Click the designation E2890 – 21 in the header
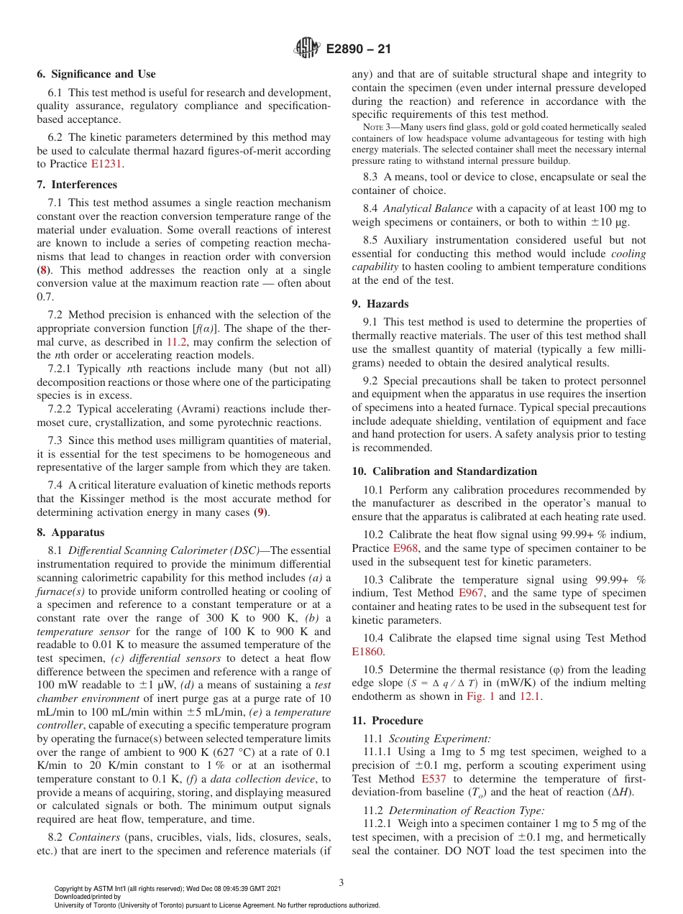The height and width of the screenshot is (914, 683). (x=358, y=50)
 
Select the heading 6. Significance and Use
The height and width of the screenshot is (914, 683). (x=96, y=74)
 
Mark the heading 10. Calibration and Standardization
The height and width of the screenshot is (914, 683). (x=444, y=471)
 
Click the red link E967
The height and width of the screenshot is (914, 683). (x=471, y=593)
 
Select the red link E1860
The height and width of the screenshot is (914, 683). (x=367, y=652)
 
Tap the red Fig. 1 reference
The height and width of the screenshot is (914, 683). (x=481, y=696)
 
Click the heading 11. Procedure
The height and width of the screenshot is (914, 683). (x=387, y=720)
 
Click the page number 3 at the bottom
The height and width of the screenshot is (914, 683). (x=341, y=883)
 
